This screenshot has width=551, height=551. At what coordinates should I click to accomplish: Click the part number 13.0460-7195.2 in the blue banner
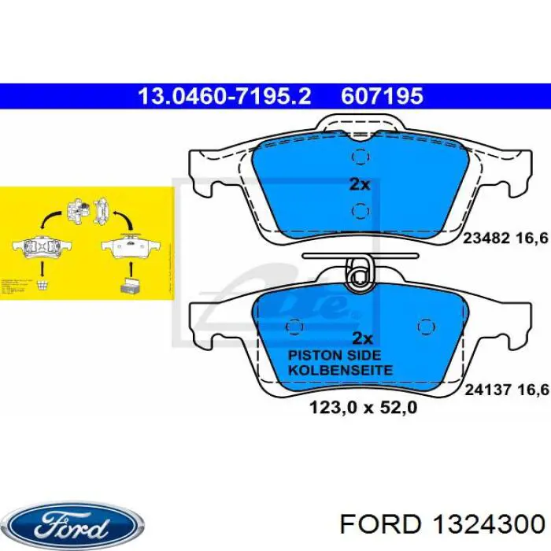(x=225, y=96)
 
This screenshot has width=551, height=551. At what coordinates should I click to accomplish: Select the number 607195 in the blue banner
(x=382, y=96)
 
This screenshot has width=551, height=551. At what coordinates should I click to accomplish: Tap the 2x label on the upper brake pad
(x=359, y=184)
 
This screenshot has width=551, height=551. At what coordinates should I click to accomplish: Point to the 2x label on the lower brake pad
(x=361, y=338)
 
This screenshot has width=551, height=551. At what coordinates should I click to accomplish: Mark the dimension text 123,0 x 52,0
(x=361, y=409)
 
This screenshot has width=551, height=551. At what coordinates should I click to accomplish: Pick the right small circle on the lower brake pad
(x=425, y=326)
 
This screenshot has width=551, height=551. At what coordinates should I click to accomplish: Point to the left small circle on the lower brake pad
(x=296, y=326)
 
